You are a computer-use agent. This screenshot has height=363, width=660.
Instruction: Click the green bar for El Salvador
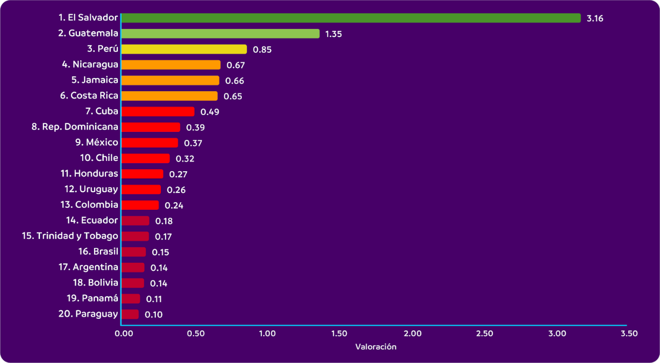point(350,18)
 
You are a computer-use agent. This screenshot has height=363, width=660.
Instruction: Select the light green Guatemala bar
point(220,34)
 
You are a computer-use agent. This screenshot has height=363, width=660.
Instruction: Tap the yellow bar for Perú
point(184,49)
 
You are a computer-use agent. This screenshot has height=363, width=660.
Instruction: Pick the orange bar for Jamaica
point(170,80)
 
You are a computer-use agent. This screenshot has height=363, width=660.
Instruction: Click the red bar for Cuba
point(158,112)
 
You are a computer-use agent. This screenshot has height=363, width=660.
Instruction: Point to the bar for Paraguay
point(130,314)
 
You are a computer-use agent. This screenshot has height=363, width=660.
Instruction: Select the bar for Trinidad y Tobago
point(135,236)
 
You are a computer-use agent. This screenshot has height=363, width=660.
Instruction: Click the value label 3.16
point(595,19)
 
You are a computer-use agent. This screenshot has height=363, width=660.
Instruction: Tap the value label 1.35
point(333,34)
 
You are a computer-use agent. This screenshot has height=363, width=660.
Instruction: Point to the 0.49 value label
point(209,112)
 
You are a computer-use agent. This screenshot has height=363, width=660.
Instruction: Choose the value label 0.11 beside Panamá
point(154,299)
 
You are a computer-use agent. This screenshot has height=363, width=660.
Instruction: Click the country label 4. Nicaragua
point(90,64)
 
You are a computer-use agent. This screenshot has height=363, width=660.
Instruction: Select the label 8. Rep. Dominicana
point(75,127)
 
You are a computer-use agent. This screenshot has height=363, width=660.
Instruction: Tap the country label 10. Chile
point(99,158)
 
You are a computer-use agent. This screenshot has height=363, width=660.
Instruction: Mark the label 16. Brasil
point(98,251)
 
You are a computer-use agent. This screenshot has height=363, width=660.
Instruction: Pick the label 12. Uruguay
point(91,189)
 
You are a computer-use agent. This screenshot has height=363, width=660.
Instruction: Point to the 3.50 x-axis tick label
point(629,334)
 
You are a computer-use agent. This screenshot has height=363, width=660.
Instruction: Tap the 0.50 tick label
point(196,334)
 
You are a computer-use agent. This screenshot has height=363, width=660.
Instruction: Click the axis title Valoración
point(375,347)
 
